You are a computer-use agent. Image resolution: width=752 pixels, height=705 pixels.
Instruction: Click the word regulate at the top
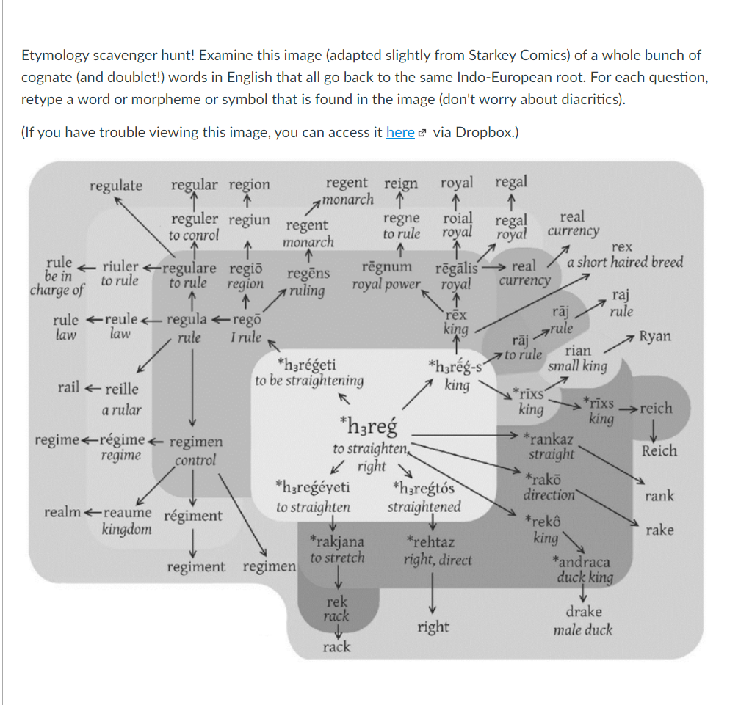pos(116,186)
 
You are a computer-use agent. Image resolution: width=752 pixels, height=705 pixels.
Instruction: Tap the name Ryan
pos(654,336)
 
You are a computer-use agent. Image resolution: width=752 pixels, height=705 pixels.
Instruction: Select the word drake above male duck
pos(584,611)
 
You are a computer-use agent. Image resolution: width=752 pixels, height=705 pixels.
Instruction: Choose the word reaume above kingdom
pos(128,512)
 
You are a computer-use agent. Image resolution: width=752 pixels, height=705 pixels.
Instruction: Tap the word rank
pos(659,496)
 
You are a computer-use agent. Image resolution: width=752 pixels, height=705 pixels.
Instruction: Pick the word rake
pos(659,530)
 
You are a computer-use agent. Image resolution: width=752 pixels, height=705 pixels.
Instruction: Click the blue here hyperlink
pos(400,132)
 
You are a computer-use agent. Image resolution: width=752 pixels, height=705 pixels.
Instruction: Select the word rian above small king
pos(577,351)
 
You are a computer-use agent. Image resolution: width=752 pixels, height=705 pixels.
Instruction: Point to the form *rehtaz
pos(430,543)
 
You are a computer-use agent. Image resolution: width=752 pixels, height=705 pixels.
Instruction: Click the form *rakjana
pos(336,542)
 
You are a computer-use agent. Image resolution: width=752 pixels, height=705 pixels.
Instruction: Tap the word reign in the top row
pos(401,183)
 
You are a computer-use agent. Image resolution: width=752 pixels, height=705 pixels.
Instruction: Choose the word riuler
pos(120,266)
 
